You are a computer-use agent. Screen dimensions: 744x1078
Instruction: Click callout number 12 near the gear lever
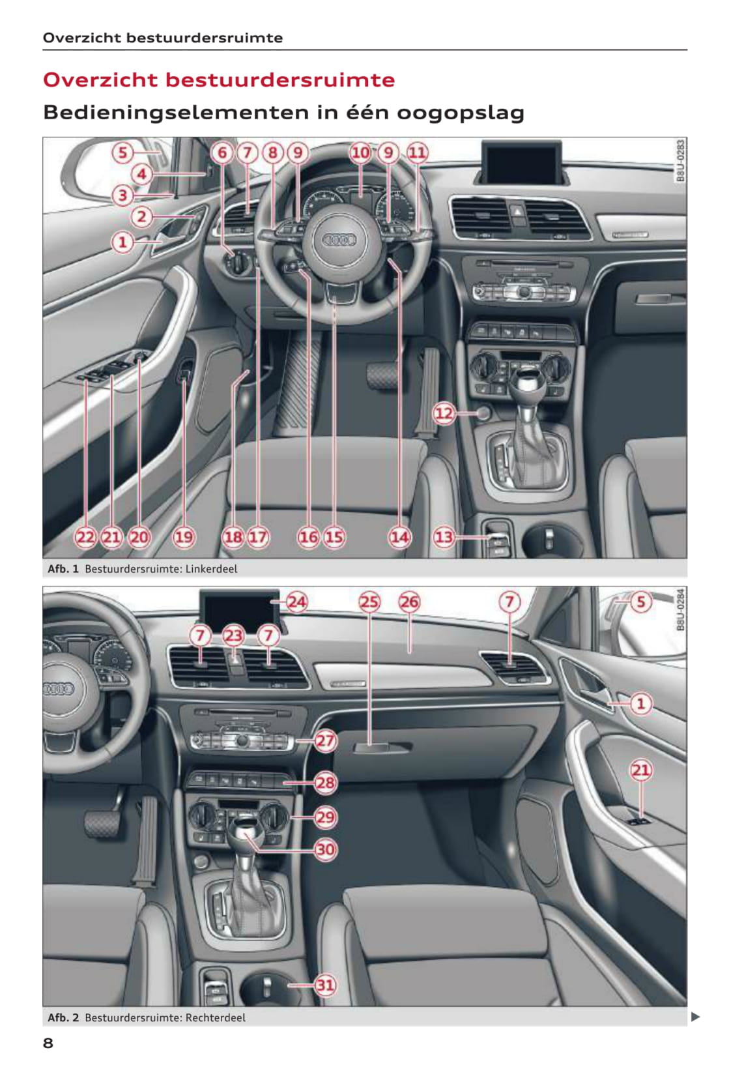(x=443, y=413)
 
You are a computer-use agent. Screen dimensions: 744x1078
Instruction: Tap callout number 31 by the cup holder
(x=325, y=985)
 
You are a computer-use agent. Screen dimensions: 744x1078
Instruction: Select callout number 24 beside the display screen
(x=296, y=602)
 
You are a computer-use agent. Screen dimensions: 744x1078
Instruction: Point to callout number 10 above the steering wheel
(x=360, y=153)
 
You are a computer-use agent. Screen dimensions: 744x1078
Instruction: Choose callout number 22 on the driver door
(x=85, y=536)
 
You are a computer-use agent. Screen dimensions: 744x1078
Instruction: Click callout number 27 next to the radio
(x=325, y=740)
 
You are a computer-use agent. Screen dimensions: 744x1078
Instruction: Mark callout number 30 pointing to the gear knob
(x=325, y=849)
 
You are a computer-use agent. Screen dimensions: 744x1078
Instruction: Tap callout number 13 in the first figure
(x=443, y=536)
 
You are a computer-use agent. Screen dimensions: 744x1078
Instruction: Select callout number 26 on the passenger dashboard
(x=408, y=602)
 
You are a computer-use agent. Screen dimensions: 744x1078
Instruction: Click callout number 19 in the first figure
(x=184, y=536)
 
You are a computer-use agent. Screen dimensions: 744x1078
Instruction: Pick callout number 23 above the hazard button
(x=233, y=635)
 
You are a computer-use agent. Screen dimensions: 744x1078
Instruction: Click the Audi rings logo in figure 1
(x=339, y=240)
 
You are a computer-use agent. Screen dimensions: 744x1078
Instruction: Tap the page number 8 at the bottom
(x=48, y=1043)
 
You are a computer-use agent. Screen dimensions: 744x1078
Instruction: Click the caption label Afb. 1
(x=63, y=569)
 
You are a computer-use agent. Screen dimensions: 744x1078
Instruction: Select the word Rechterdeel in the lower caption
(x=215, y=1018)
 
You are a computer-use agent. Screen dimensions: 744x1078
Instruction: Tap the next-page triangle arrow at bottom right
(x=695, y=1017)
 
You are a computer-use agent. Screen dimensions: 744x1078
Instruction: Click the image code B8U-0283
(x=680, y=161)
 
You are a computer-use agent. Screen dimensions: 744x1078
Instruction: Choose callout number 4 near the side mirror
(x=141, y=174)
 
